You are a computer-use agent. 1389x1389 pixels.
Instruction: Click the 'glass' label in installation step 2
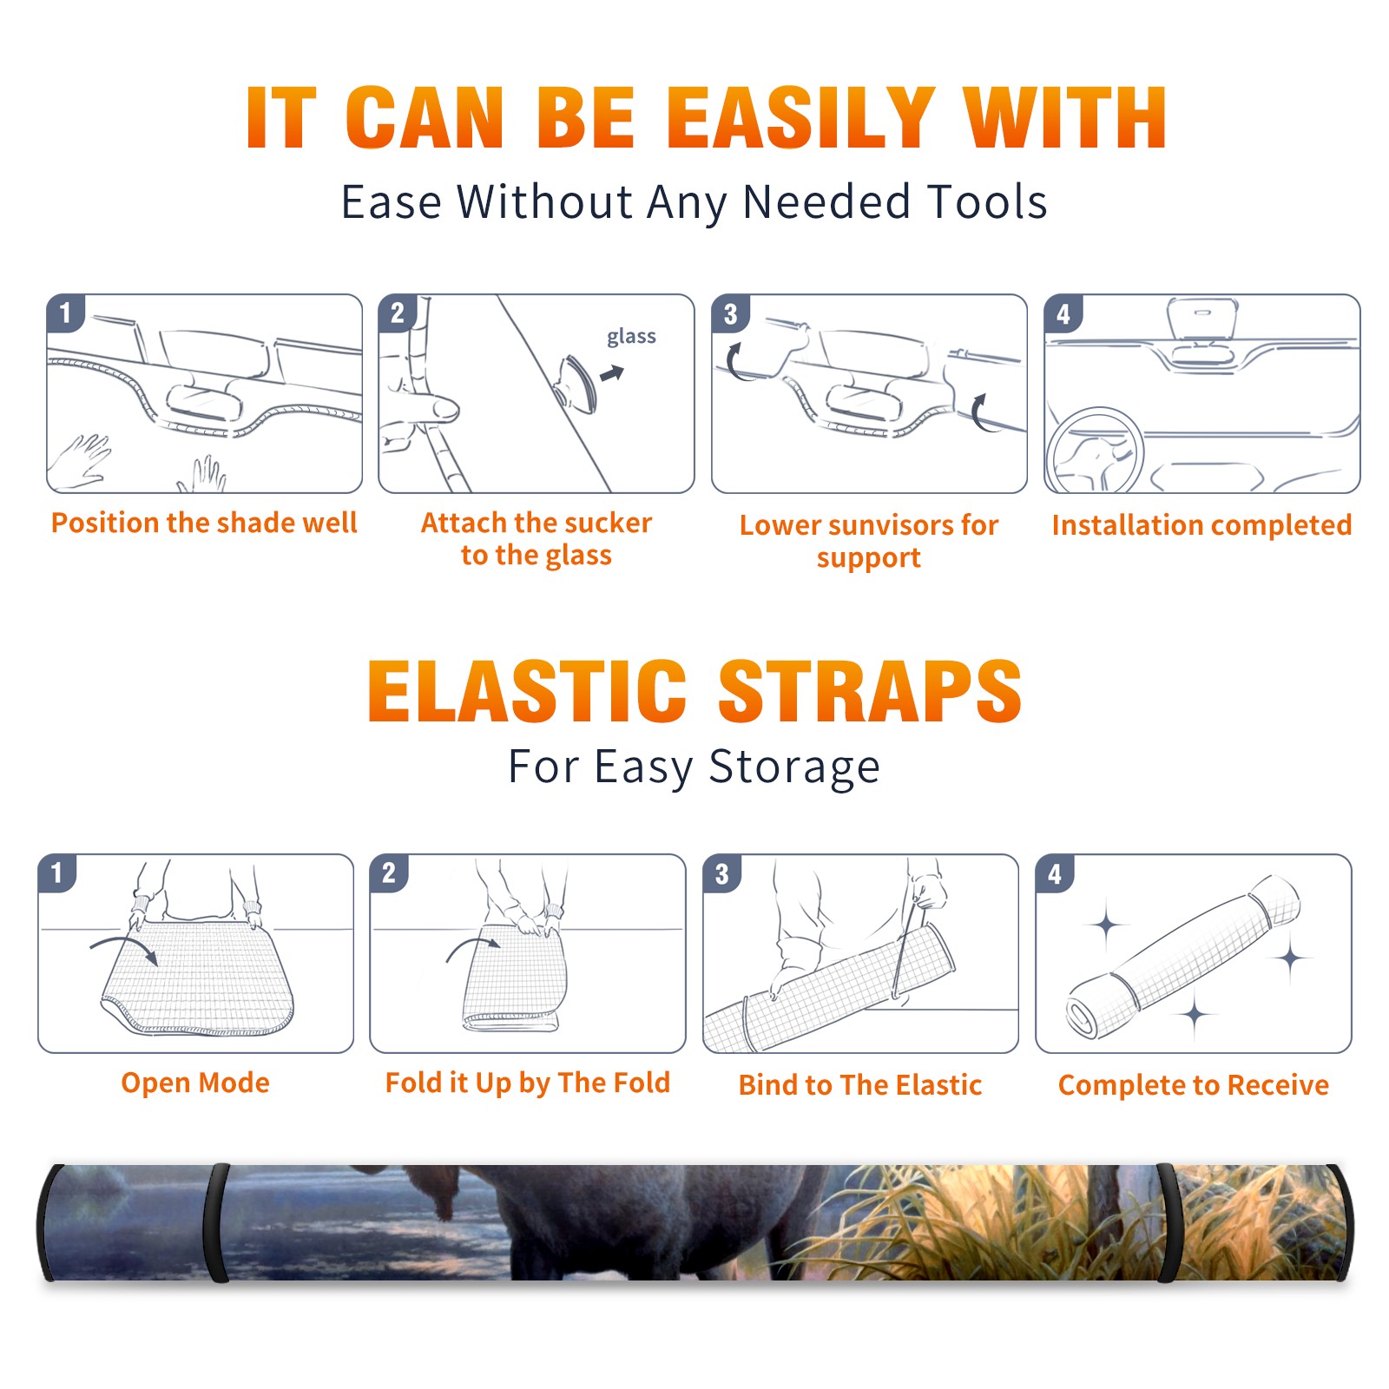[x=631, y=337]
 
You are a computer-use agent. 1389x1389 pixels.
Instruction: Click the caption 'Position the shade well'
[x=204, y=523]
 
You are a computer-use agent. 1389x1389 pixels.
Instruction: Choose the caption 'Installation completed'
[x=1201, y=525]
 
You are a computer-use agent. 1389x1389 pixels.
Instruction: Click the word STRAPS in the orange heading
[x=870, y=691]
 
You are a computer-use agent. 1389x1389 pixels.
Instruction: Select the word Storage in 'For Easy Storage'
[x=794, y=767]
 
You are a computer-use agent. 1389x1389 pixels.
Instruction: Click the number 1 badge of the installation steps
[x=66, y=313]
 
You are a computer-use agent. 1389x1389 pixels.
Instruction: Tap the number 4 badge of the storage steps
[x=1055, y=873]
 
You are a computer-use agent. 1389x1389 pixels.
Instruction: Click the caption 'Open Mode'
[x=195, y=1083]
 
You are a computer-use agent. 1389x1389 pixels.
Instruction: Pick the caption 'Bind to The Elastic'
[x=860, y=1085]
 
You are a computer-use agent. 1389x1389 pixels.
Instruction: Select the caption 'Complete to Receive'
[x=1194, y=1085]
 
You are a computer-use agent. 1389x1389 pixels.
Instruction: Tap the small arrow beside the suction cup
[x=612, y=373]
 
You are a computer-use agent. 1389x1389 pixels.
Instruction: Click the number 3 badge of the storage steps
[x=722, y=873]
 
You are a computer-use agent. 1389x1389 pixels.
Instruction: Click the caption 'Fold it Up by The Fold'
[x=528, y=1083]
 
